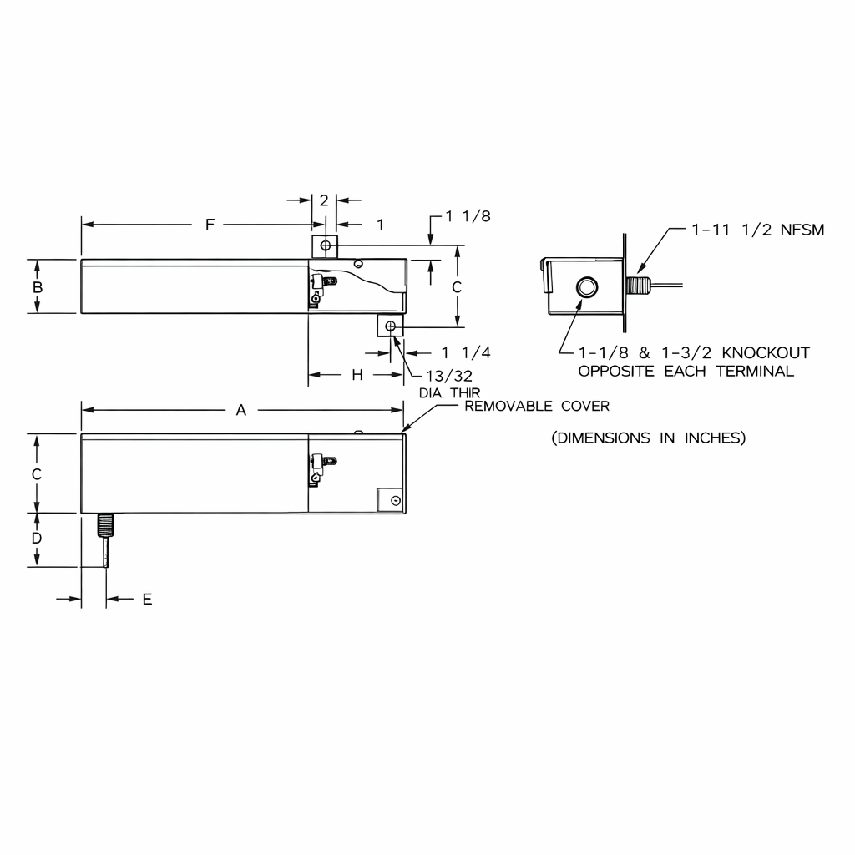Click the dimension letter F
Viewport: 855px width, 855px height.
tap(210, 225)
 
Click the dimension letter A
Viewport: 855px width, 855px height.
tap(241, 410)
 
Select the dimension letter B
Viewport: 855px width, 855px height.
tap(38, 286)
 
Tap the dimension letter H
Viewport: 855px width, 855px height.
tap(357, 375)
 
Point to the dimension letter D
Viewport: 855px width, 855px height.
tap(37, 539)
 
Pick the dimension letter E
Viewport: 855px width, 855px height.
tap(147, 599)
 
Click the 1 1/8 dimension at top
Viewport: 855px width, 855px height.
tap(468, 216)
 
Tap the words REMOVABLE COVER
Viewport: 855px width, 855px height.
tap(537, 407)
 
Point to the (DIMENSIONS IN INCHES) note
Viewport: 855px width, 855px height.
tap(648, 438)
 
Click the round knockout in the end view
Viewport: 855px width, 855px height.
tap(586, 288)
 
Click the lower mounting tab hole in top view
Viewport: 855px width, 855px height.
tap(390, 325)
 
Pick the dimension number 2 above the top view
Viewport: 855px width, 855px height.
tap(324, 200)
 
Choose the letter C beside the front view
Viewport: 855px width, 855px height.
tap(37, 473)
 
